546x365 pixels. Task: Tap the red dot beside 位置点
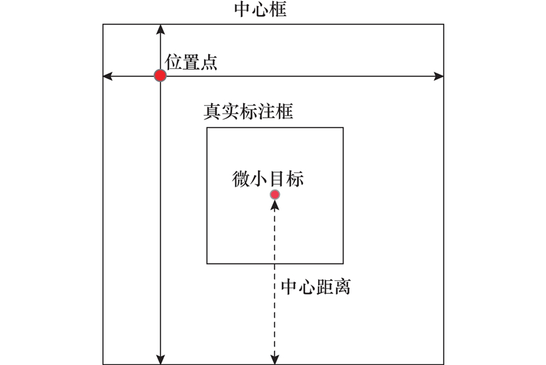click(160, 76)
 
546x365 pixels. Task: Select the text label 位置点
click(191, 62)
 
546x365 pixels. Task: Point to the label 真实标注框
click(248, 111)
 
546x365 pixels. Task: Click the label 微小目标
click(268, 179)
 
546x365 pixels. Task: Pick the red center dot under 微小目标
click(275, 195)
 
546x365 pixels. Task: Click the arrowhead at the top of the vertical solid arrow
click(160, 29)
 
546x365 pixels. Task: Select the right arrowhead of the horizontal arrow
click(439, 76)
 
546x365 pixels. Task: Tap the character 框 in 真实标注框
click(283, 111)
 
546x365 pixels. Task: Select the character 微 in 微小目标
click(241, 179)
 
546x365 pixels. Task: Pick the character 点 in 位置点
click(209, 62)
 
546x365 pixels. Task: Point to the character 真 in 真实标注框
click(212, 111)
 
